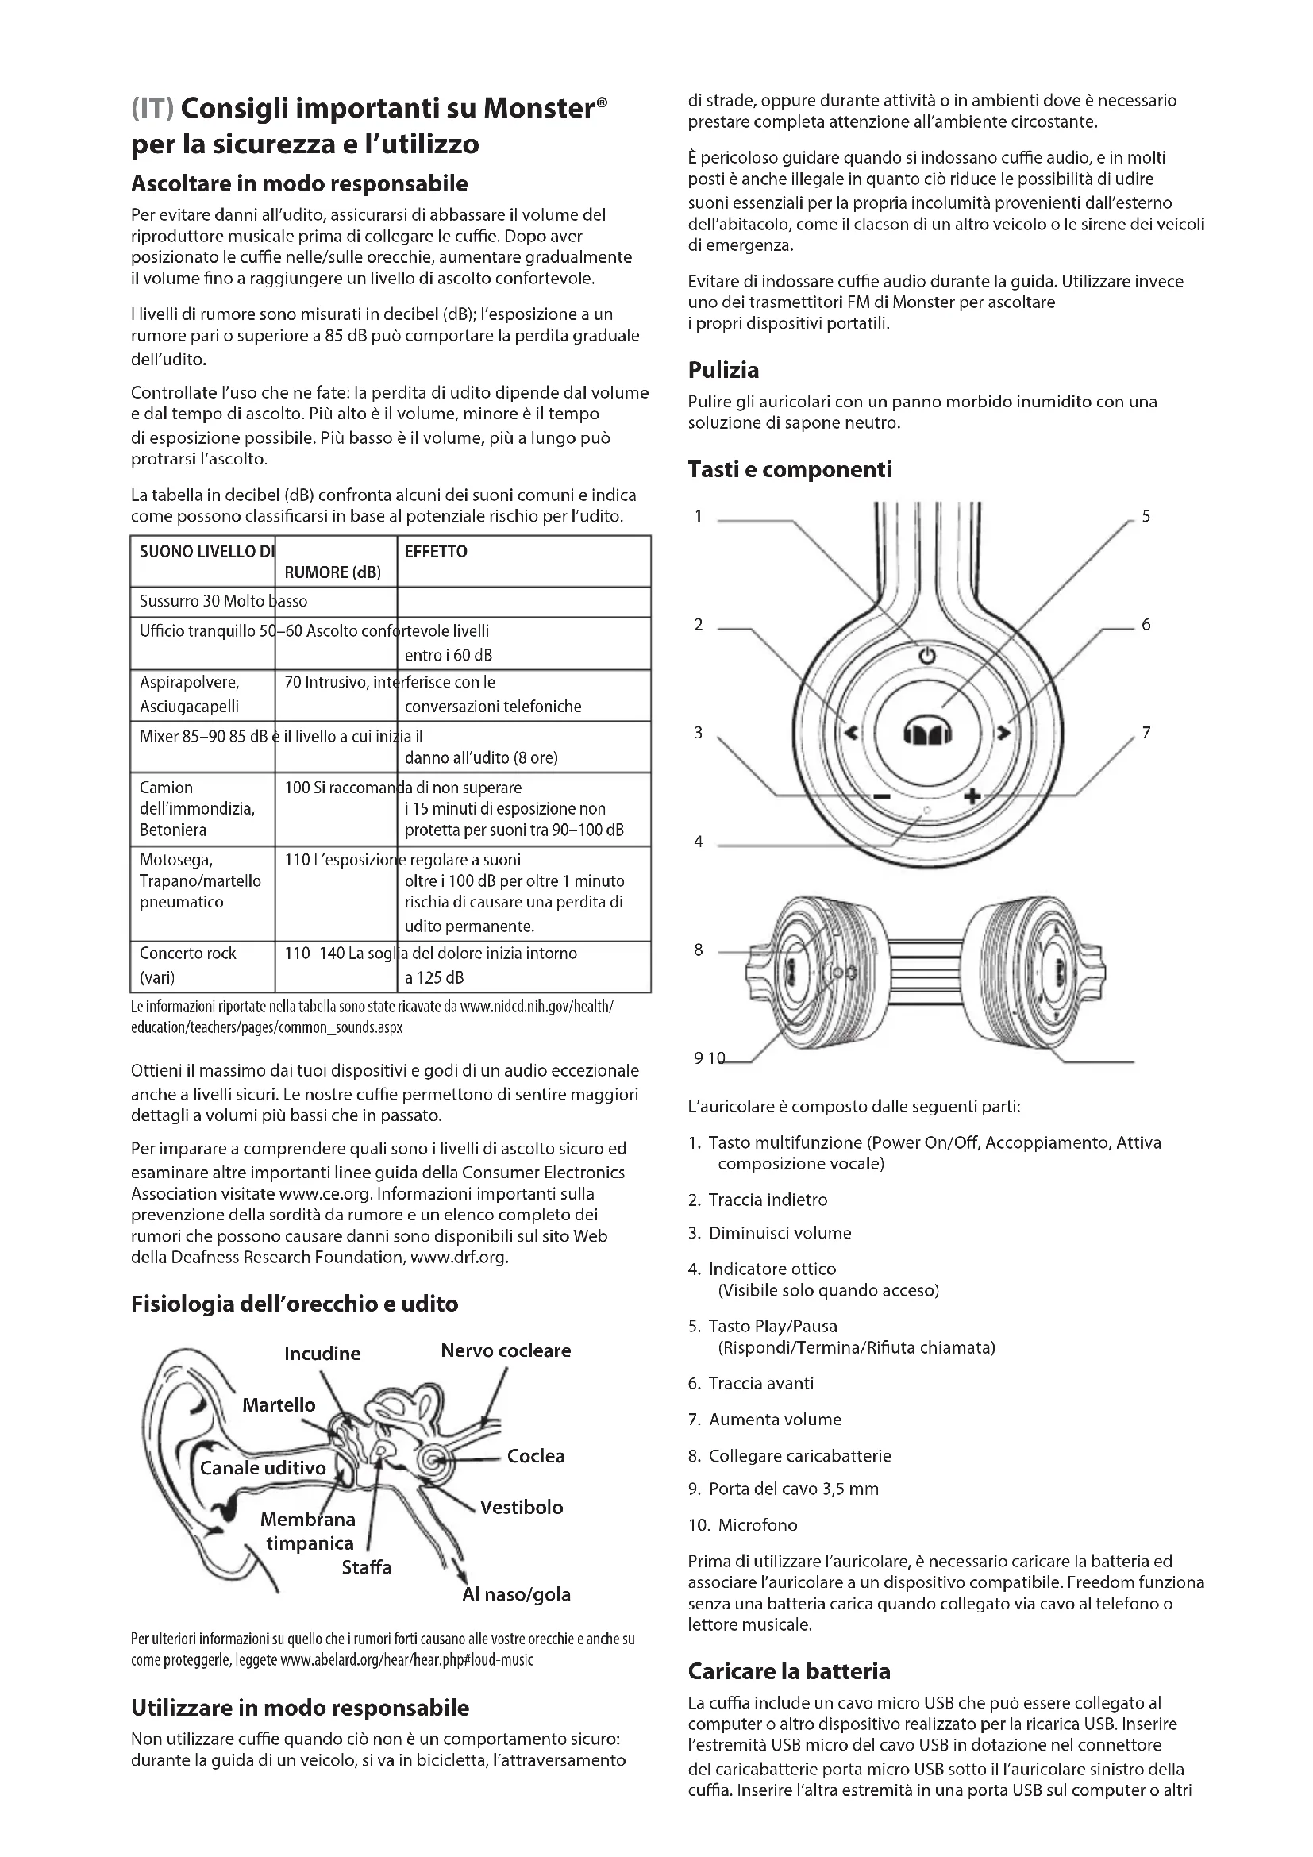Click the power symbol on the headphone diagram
tap(926, 655)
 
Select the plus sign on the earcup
tap(972, 796)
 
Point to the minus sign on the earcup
tap(881, 797)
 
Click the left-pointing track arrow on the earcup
tap(850, 733)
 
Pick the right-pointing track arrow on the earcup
tap(1003, 733)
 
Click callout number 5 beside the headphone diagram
tap(1146, 516)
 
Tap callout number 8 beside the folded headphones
tap(699, 950)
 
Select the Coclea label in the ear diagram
tap(535, 1456)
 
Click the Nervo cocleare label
tap(506, 1350)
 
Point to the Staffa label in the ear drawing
tap(366, 1567)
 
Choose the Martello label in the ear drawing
tap(279, 1405)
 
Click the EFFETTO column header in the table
tap(436, 552)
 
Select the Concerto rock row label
tap(187, 954)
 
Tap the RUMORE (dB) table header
tap(333, 572)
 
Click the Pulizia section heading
tap(723, 371)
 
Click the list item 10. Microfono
tap(742, 1524)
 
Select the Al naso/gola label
tap(516, 1594)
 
